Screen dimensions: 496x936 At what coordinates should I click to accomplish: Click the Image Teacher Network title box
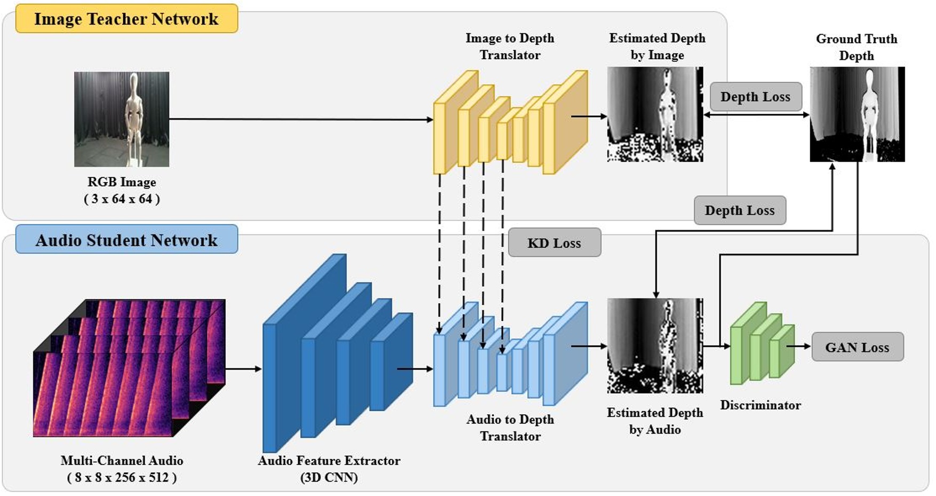[x=126, y=19]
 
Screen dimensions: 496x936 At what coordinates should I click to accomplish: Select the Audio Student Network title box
[x=126, y=240]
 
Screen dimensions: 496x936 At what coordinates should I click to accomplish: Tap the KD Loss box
[x=554, y=243]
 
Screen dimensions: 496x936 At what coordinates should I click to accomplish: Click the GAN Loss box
[x=857, y=347]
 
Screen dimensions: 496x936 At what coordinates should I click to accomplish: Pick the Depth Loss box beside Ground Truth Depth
[x=755, y=97]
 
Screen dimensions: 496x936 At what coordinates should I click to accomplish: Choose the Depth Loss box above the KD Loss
[x=739, y=210]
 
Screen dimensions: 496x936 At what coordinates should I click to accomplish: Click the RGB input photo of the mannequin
[x=122, y=119]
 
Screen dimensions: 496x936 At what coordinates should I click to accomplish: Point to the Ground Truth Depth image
[x=857, y=114]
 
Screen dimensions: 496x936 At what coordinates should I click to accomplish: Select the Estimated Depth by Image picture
[x=655, y=114]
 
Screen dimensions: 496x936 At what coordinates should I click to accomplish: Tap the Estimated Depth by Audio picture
[x=655, y=345]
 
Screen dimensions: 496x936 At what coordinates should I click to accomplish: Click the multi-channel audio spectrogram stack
[x=129, y=368]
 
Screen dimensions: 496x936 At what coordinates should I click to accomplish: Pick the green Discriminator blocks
[x=761, y=344]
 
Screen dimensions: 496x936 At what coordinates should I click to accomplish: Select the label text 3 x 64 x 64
[x=122, y=199]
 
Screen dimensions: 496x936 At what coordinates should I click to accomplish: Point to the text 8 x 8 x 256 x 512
[x=122, y=477]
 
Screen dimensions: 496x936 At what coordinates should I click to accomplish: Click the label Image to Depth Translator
[x=510, y=46]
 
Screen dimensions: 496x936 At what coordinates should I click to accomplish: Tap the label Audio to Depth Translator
[x=510, y=428]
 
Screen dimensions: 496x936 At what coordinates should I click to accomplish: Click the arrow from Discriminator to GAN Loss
[x=798, y=347]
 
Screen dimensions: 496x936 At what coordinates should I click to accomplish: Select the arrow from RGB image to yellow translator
[x=301, y=120]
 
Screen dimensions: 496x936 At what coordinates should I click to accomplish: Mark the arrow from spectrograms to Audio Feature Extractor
[x=243, y=369]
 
